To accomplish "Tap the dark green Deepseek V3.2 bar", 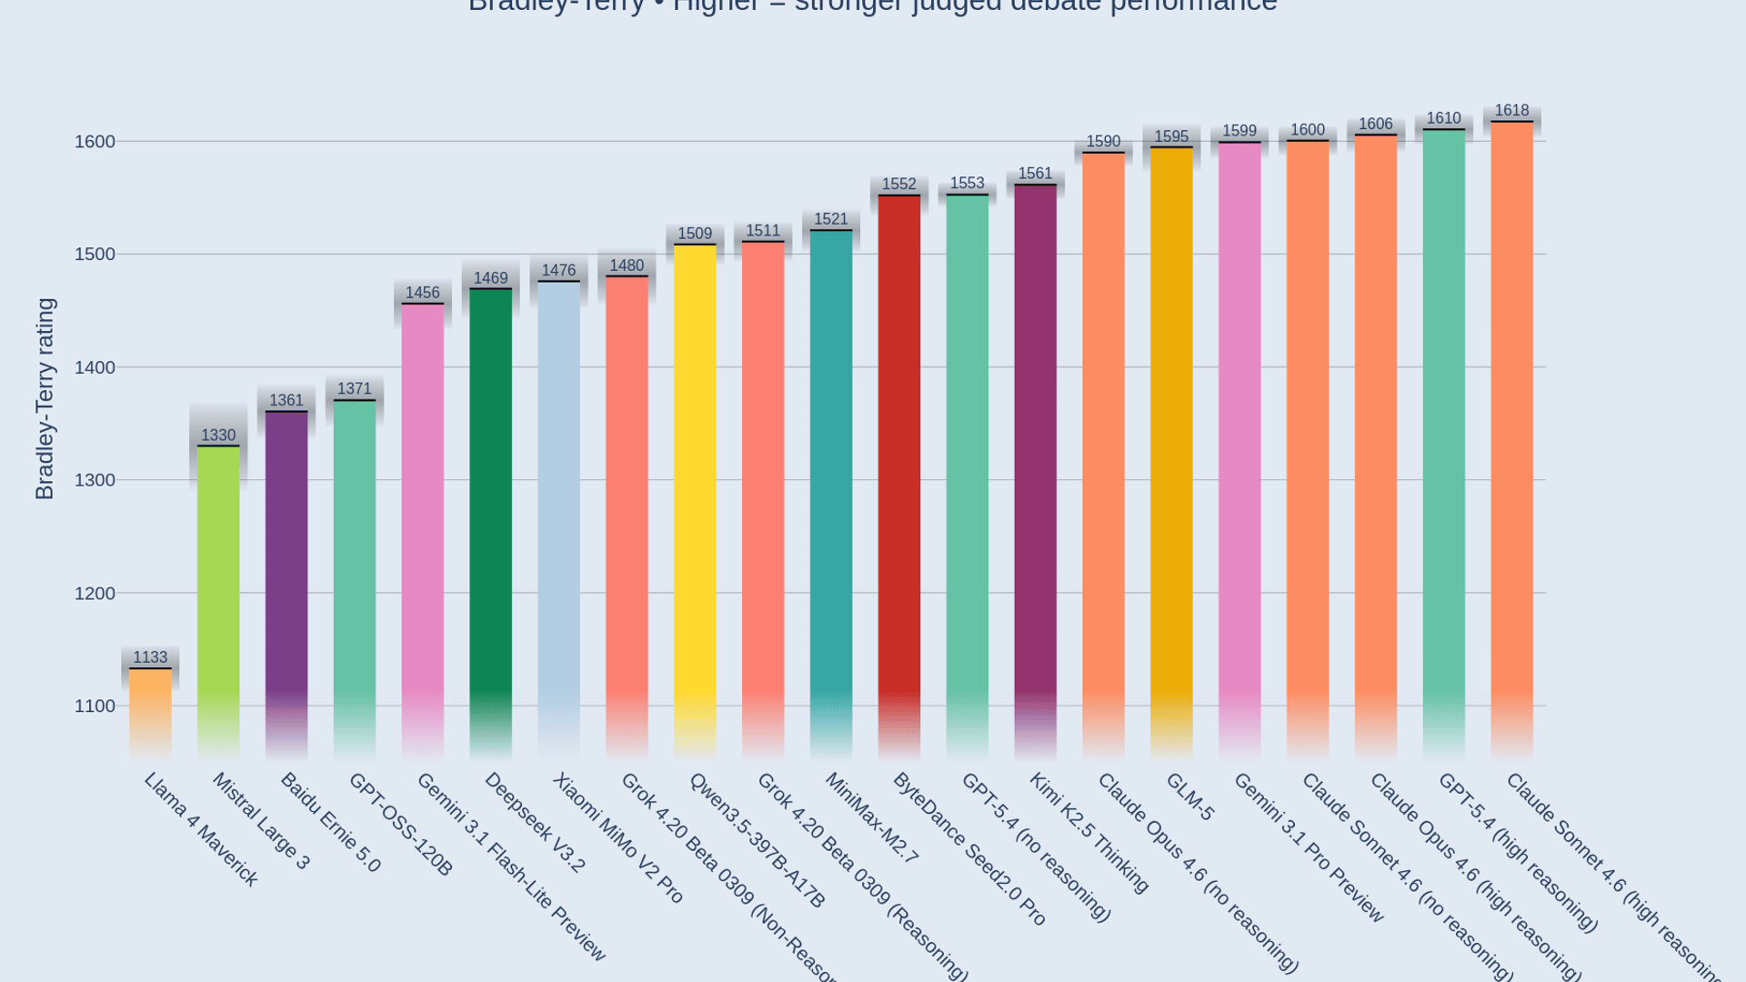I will coord(491,518).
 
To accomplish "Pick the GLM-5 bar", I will coord(1171,446).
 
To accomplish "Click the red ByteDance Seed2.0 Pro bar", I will coord(899,473).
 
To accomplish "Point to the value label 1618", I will coord(1511,111).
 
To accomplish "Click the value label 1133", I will coord(150,657).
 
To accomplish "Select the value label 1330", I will coord(218,436).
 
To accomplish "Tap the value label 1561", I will coord(1035,174).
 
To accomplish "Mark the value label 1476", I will coord(558,271).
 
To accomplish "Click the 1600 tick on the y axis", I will coord(95,142).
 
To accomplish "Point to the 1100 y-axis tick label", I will coord(95,706).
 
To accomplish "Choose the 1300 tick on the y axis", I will coord(95,480).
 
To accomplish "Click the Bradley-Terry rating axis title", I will coord(45,399).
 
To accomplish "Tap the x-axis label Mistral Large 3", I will coord(262,821).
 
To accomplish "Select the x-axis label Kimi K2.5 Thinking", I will coord(1089,832).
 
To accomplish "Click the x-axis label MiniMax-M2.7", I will coord(872,818).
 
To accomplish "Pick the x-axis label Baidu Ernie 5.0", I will coord(330,823).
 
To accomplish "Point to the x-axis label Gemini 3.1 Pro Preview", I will coord(1309,847).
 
